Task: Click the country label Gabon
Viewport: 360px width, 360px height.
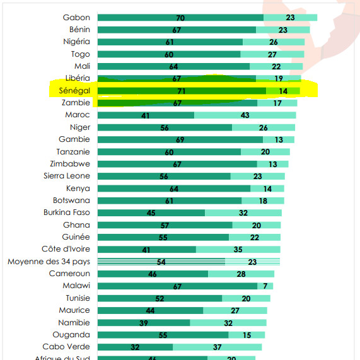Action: click(x=77, y=18)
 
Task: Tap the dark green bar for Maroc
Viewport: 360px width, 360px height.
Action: click(x=146, y=115)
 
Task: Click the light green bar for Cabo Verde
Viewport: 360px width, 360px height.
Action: click(x=217, y=347)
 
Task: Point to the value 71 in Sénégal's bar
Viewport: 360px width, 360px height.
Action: click(x=182, y=91)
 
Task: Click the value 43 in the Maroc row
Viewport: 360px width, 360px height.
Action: click(x=245, y=115)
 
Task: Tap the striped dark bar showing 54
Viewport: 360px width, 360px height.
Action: click(x=161, y=262)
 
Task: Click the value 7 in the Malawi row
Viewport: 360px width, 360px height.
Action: click(x=265, y=286)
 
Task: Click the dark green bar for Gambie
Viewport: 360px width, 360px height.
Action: click(x=180, y=139)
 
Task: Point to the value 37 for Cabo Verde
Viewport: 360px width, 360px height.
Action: click(x=218, y=347)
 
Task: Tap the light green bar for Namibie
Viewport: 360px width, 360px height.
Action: click(x=228, y=323)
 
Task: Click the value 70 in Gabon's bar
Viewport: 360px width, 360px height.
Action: click(x=180, y=18)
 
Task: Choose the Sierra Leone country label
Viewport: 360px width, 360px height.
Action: click(x=66, y=176)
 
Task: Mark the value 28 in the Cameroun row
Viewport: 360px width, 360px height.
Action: click(x=241, y=274)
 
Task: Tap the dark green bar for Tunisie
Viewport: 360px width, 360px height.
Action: click(x=160, y=298)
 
